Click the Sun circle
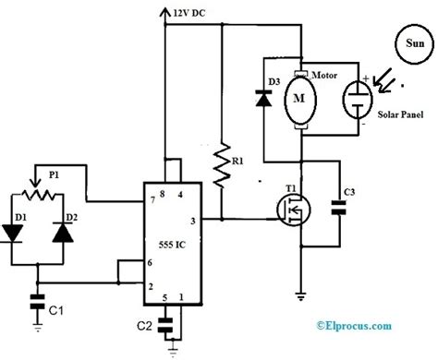[409, 41]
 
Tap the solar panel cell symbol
[356, 102]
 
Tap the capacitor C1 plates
[37, 300]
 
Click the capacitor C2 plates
[167, 325]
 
